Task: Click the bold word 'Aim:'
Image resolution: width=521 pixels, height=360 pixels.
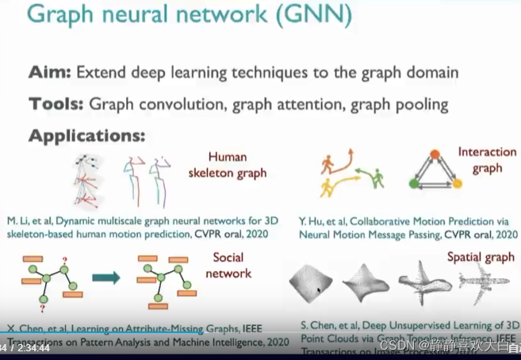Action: tap(49, 73)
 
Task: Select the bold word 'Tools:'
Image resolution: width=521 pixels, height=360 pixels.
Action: tap(56, 104)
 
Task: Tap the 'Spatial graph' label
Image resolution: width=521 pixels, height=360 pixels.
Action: tap(481, 257)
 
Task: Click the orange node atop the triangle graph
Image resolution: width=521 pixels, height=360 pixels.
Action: tap(434, 155)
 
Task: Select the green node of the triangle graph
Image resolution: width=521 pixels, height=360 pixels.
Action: tap(413, 184)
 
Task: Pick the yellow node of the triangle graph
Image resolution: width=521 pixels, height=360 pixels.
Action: tap(456, 184)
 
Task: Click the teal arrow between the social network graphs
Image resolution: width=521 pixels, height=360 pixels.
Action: tap(105, 277)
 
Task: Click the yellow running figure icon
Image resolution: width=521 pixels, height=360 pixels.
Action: tap(327, 187)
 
